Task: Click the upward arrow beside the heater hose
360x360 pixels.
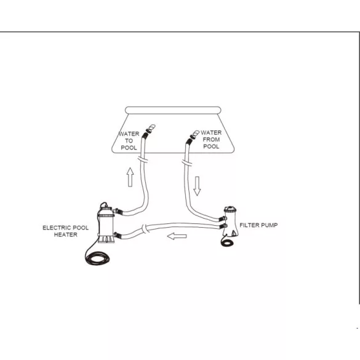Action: tap(130, 177)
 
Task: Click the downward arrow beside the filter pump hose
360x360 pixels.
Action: tap(197, 186)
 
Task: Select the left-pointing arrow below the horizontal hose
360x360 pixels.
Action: tap(177, 236)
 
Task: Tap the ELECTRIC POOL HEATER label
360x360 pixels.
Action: tap(66, 231)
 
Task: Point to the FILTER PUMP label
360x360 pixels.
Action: tap(258, 225)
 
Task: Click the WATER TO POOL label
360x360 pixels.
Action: tap(129, 140)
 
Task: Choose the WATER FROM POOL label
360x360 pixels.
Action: tap(211, 139)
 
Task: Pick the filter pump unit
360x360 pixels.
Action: tap(231, 222)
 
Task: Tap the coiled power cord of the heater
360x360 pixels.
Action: tap(97, 258)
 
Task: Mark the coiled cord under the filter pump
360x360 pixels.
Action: tap(227, 242)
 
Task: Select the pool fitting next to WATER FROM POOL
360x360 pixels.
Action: tap(194, 135)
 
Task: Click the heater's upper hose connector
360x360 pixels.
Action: tap(118, 211)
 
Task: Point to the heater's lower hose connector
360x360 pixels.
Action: tap(118, 235)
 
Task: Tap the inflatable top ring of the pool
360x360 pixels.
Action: tap(173, 110)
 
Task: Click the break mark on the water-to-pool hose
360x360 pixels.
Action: tap(142, 159)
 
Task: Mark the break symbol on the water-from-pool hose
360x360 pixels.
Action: tap(187, 162)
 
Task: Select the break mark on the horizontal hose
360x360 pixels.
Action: tap(145, 229)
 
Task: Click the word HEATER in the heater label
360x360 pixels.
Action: tap(66, 234)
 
